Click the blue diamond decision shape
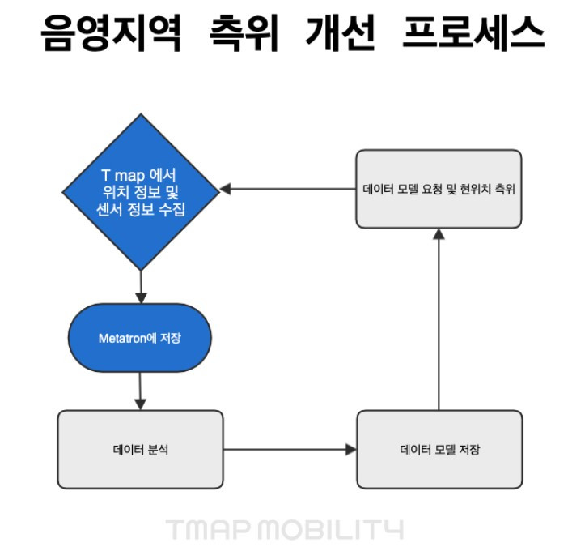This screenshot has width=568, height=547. point(141,190)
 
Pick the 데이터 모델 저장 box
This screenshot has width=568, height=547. point(439,449)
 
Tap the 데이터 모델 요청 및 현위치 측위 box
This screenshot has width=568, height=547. point(439,190)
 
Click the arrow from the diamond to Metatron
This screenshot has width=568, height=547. point(141,286)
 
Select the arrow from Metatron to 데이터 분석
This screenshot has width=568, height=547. point(141,391)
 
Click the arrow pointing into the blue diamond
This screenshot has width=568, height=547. point(288,189)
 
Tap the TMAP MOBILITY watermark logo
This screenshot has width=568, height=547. point(284,530)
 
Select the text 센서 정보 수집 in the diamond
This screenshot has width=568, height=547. point(141,207)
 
